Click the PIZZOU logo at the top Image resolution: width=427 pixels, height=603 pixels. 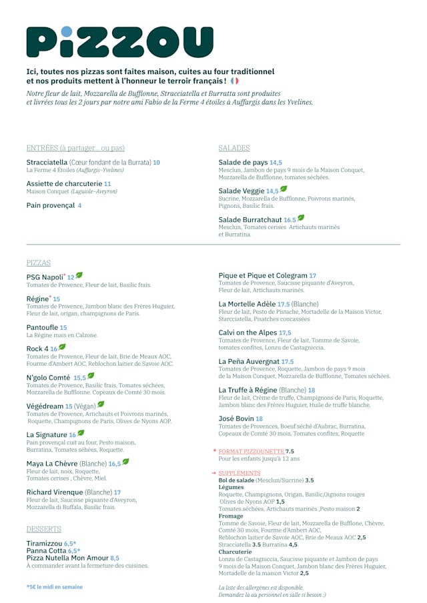pyautogui.click(x=119, y=42)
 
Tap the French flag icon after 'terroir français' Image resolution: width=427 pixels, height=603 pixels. pyautogui.click(x=234, y=81)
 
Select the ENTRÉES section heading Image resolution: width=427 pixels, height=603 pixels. pyautogui.click(x=75, y=148)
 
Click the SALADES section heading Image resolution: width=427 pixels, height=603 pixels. pyautogui.click(x=234, y=148)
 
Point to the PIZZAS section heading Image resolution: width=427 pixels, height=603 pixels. pyautogui.click(x=39, y=263)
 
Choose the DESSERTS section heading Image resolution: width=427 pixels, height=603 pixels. pyautogui.click(x=44, y=529)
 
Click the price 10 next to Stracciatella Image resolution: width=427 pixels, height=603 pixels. pyautogui.click(x=156, y=163)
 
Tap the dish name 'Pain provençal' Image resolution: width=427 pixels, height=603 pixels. pyautogui.click(x=51, y=205)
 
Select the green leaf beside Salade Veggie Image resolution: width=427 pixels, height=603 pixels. pyautogui.click(x=284, y=189)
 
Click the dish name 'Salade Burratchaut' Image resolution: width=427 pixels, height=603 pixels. pyautogui.click(x=250, y=219)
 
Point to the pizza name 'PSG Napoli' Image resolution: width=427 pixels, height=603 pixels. pyautogui.click(x=44, y=277)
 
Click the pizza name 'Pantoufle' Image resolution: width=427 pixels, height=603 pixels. pyautogui.click(x=42, y=328)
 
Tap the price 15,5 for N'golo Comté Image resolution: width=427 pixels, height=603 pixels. pyautogui.click(x=79, y=378)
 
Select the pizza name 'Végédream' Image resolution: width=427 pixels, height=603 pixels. pyautogui.click(x=45, y=406)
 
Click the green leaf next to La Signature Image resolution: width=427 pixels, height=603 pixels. pyautogui.click(x=81, y=433)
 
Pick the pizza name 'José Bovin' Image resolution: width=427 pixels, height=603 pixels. pyautogui.click(x=236, y=418)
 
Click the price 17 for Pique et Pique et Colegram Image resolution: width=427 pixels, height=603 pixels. pyautogui.click(x=312, y=275)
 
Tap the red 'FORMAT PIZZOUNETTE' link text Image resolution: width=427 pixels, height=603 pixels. pyautogui.click(x=251, y=451)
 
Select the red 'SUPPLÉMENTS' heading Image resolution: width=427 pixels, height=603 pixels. pyautogui.click(x=240, y=473)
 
